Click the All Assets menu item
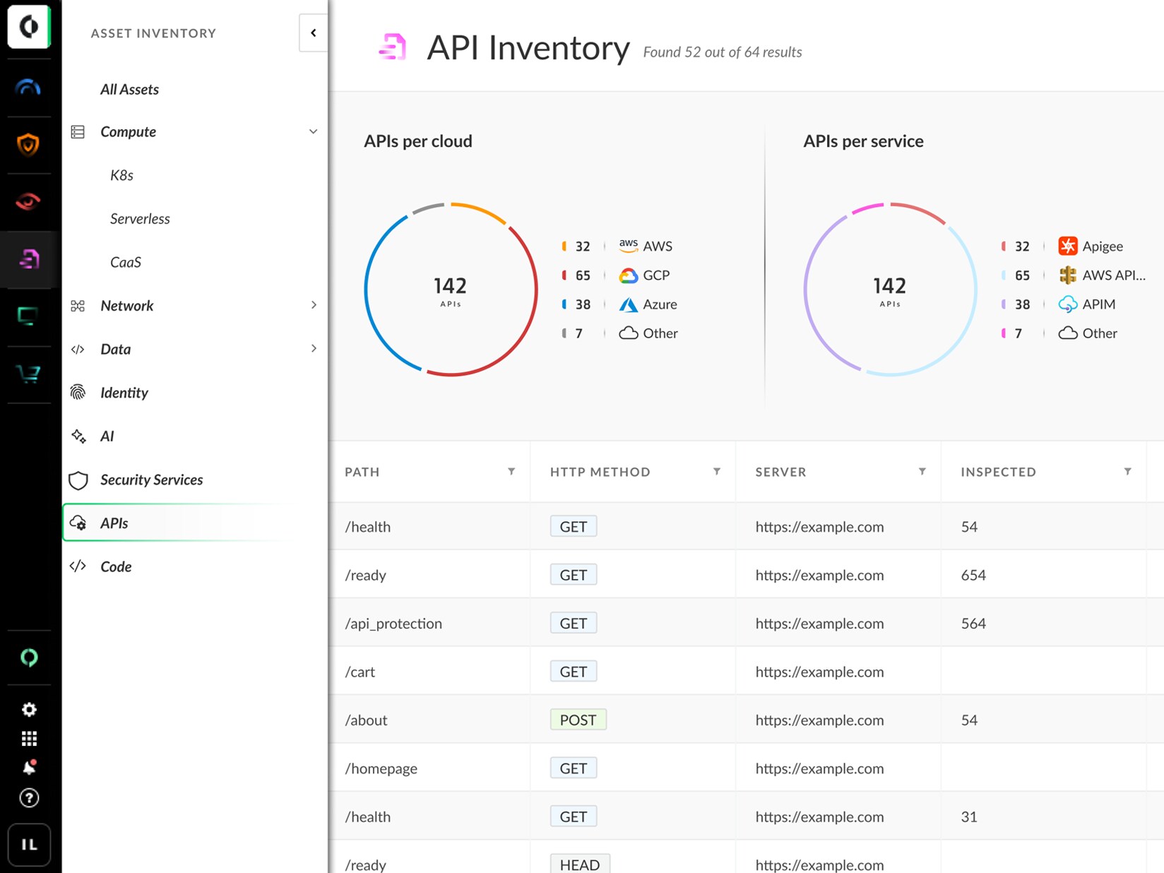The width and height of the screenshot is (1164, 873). click(x=129, y=89)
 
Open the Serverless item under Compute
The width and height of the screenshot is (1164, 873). click(x=140, y=218)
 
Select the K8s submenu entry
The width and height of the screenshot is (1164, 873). click(x=121, y=175)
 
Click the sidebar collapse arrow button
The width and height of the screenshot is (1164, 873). click(x=313, y=32)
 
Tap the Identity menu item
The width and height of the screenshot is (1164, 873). click(x=124, y=393)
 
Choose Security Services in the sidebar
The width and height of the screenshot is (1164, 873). click(x=151, y=480)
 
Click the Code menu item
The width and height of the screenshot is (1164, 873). click(x=116, y=566)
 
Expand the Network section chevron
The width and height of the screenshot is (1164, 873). click(x=314, y=305)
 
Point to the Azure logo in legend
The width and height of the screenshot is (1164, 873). click(x=628, y=304)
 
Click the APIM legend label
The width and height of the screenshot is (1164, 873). click(x=1098, y=304)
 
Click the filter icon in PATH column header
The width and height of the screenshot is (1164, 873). click(x=511, y=471)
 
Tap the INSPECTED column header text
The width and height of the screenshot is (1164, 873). click(x=998, y=472)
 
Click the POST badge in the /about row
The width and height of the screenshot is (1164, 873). click(x=578, y=720)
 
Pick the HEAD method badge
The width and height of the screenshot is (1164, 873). click(x=579, y=865)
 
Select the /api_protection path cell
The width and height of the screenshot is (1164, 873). click(x=393, y=624)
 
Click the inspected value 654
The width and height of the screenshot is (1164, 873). click(x=973, y=575)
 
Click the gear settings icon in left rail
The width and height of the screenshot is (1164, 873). click(x=29, y=709)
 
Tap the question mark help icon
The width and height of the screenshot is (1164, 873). click(x=29, y=798)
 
